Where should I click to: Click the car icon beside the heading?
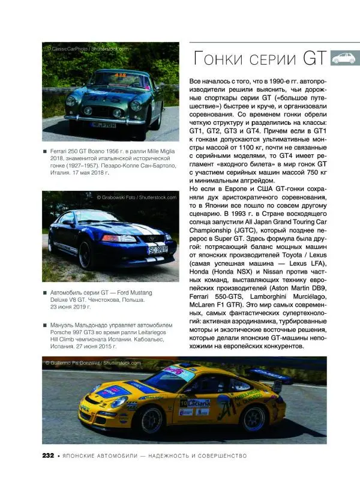pyautogui.click(x=344, y=58)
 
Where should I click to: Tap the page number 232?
pyautogui.click(x=48, y=455)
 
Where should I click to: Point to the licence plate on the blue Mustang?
pyautogui.click(x=158, y=250)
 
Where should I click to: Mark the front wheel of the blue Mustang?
pyautogui.click(x=85, y=253)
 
